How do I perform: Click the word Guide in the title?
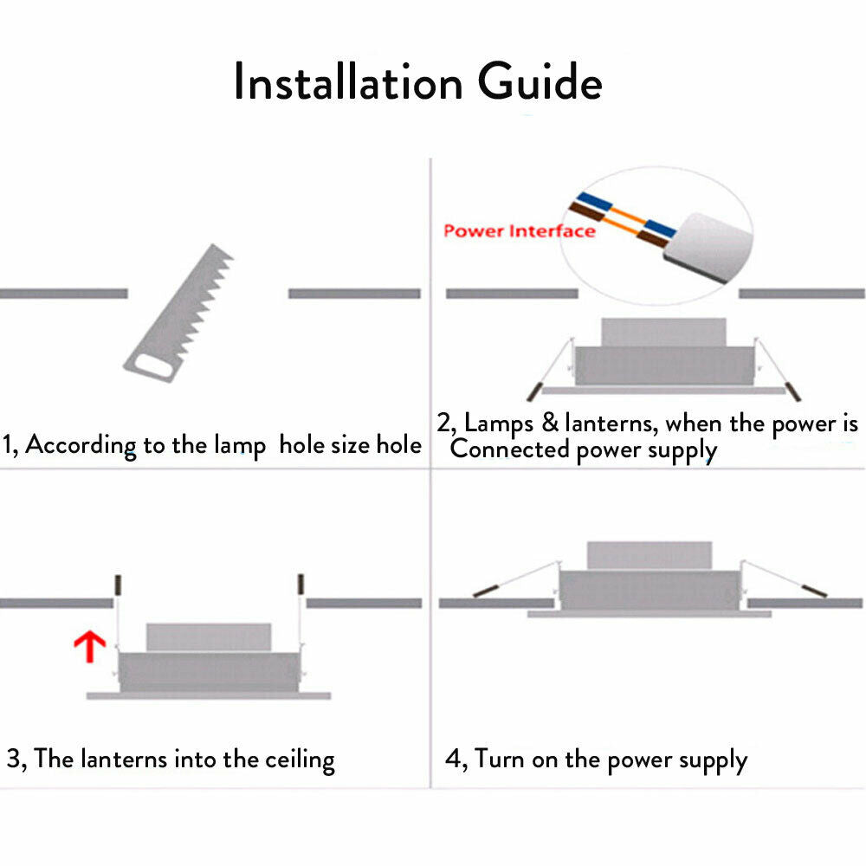click(x=540, y=84)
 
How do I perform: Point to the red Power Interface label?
click(x=519, y=231)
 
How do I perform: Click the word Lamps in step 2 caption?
click(x=497, y=423)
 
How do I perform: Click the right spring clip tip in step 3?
click(x=301, y=585)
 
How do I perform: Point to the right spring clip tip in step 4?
click(x=816, y=591)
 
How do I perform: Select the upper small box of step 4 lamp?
click(x=649, y=556)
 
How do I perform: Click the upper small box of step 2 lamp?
click(x=663, y=332)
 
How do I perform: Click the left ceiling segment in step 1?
click(x=63, y=294)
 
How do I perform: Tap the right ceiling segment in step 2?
click(x=801, y=294)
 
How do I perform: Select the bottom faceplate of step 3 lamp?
click(x=208, y=695)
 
